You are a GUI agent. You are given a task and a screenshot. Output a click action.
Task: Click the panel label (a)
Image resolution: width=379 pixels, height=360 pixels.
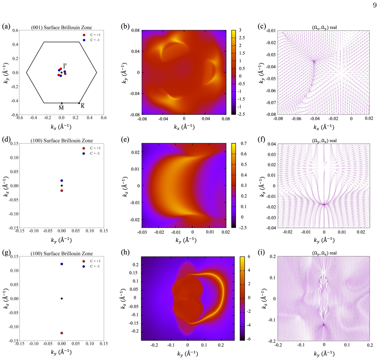pos(6,27)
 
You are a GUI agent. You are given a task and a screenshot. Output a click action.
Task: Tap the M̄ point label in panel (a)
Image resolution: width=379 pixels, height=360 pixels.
pos(61,108)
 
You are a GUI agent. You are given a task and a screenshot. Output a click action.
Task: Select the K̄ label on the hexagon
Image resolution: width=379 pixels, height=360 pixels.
pos(83,106)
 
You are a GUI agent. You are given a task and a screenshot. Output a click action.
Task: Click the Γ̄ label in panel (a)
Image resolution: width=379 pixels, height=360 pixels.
pos(65,66)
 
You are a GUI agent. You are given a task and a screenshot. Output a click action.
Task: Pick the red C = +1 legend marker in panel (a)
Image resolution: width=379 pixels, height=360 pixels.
pos(84,35)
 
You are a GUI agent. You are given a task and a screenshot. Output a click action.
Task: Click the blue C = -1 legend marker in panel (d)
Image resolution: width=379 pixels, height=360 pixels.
pos(84,153)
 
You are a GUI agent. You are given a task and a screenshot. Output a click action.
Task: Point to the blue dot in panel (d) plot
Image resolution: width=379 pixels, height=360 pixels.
pos(62,181)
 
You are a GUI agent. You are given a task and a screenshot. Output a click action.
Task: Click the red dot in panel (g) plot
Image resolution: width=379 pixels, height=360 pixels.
pos(62,333)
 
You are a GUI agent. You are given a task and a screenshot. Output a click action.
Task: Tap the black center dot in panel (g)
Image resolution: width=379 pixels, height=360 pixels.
pos(62,299)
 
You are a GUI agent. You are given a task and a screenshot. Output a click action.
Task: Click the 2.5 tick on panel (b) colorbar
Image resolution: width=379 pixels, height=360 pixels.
pos(242,38)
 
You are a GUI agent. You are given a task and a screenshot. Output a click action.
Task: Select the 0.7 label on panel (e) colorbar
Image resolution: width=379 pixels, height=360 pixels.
pos(243,144)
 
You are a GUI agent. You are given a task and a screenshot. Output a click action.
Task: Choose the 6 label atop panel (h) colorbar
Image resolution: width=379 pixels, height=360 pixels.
pos(249,256)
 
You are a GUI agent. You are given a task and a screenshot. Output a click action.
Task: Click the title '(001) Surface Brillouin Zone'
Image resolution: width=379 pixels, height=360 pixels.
pos(61,27)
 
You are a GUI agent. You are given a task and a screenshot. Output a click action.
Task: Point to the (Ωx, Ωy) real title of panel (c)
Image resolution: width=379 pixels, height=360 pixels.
pos(324,27)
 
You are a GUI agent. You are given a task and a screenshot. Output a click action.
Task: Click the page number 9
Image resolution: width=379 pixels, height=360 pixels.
pos(375,5)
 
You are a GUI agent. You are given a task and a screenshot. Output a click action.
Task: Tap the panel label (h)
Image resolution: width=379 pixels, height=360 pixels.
pos(125,252)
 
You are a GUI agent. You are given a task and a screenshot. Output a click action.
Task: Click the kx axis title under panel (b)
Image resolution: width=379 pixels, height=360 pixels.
pos(184,127)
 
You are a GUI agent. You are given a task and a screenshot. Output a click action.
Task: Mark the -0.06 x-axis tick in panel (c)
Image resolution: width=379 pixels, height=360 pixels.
pos(296,119)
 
